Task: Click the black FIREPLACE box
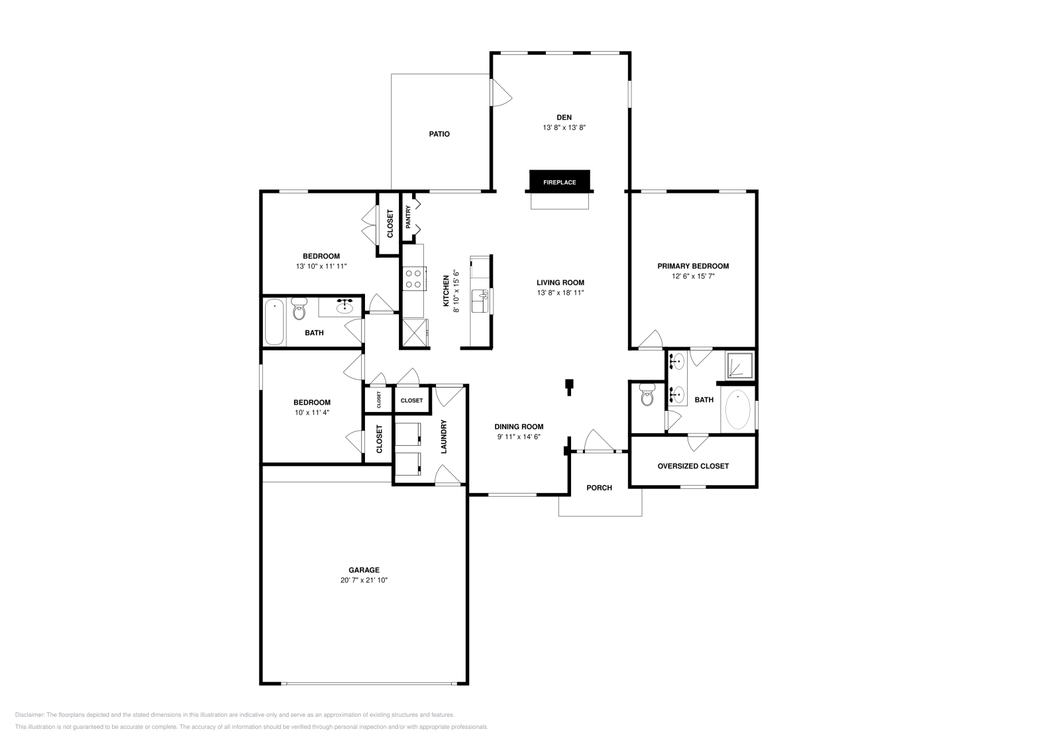tap(559, 182)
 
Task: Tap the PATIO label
tap(439, 134)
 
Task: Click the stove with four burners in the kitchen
tap(414, 278)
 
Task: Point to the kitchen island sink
tap(479, 301)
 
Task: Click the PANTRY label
tap(408, 217)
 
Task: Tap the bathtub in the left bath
tap(274, 322)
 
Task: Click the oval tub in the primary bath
tap(738, 410)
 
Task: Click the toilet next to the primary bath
tap(647, 397)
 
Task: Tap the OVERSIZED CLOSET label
tap(693, 466)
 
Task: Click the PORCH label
tap(599, 488)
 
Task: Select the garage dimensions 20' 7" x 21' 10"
tap(364, 580)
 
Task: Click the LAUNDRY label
tap(444, 437)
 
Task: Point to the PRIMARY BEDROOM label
tap(693, 266)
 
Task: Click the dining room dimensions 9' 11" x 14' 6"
tap(519, 436)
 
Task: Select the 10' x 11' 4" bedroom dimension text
tap(312, 412)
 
